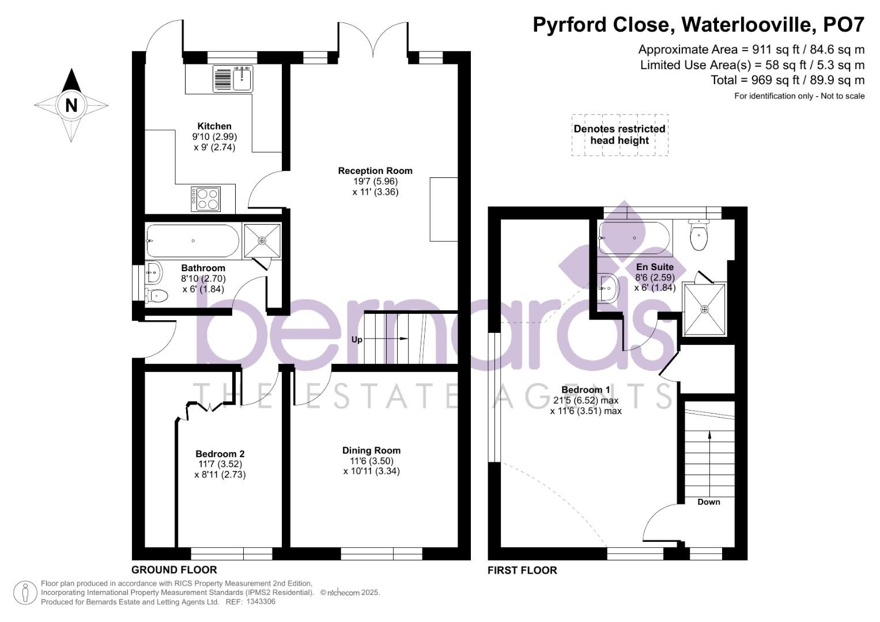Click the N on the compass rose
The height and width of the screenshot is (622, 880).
click(71, 105)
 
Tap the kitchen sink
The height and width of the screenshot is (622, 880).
click(233, 78)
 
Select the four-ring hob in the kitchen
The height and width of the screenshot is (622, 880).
click(206, 199)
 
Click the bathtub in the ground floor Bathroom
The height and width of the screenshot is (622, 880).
click(192, 241)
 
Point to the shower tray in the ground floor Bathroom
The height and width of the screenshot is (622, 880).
click(262, 241)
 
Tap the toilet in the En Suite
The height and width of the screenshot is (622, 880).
click(698, 237)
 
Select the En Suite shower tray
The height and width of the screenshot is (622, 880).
click(704, 309)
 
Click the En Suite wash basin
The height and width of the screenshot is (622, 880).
click(607, 287)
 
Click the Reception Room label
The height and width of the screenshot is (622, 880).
click(375, 170)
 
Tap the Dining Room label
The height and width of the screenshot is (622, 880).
click(371, 450)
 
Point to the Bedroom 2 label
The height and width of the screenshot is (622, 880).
click(220, 454)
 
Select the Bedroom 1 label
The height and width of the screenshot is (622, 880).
click(586, 390)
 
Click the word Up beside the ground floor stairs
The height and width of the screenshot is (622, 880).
click(357, 340)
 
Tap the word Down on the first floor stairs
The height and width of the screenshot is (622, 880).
click(708, 502)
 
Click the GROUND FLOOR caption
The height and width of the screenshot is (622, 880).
click(174, 570)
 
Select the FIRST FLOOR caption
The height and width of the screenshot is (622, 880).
click(522, 571)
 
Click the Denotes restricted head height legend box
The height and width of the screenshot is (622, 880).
click(620, 135)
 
